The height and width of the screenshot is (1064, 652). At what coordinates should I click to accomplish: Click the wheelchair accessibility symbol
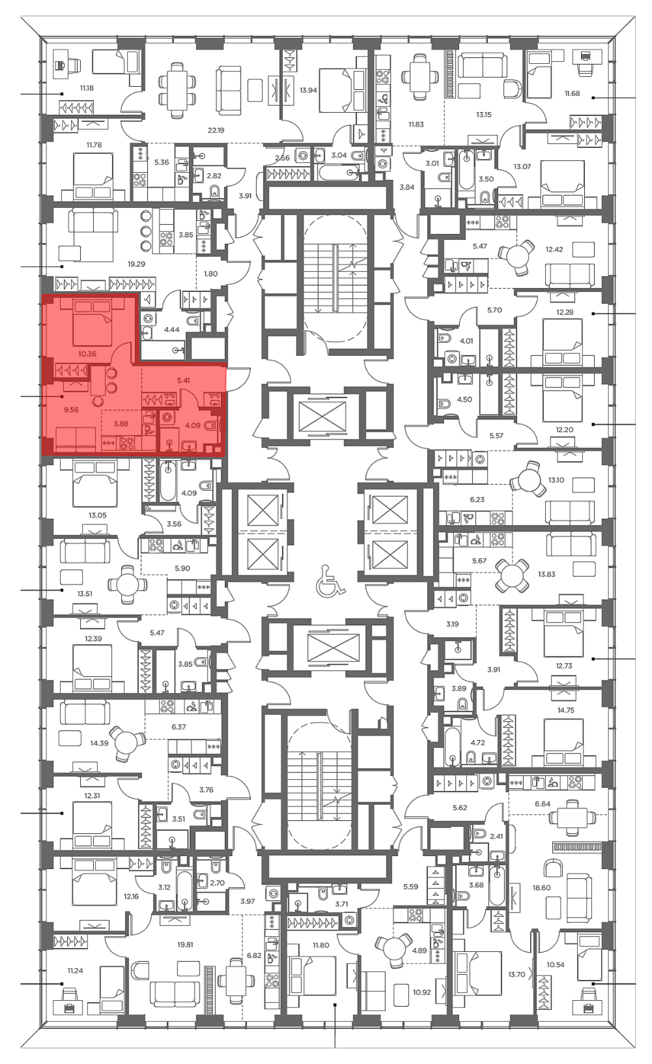pos(326,580)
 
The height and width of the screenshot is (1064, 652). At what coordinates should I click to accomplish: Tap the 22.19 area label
pos(216,130)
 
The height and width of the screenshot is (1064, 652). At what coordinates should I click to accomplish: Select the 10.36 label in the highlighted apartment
pos(87,354)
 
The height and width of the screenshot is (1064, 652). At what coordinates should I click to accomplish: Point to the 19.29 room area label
pos(137,264)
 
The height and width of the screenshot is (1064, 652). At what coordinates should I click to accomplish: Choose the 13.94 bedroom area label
pos(308,90)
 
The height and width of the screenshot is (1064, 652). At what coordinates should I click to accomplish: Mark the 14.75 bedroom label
pos(565,711)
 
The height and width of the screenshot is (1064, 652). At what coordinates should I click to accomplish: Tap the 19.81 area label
pos(185,945)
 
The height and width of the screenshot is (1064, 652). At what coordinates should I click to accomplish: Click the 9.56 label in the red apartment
pos(71,409)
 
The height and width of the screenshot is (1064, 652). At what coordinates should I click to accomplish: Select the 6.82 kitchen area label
pos(254,955)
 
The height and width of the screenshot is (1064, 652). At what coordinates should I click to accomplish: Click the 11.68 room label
pos(572,94)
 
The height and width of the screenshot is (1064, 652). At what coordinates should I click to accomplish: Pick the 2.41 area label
pos(496,836)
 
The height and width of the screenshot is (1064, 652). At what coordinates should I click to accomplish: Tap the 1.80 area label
pos(211,274)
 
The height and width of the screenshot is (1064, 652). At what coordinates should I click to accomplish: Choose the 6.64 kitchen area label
pos(542,804)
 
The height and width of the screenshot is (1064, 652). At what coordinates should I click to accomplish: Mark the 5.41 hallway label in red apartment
pos(183,381)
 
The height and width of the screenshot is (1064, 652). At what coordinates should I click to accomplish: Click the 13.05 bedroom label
pos(97,515)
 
